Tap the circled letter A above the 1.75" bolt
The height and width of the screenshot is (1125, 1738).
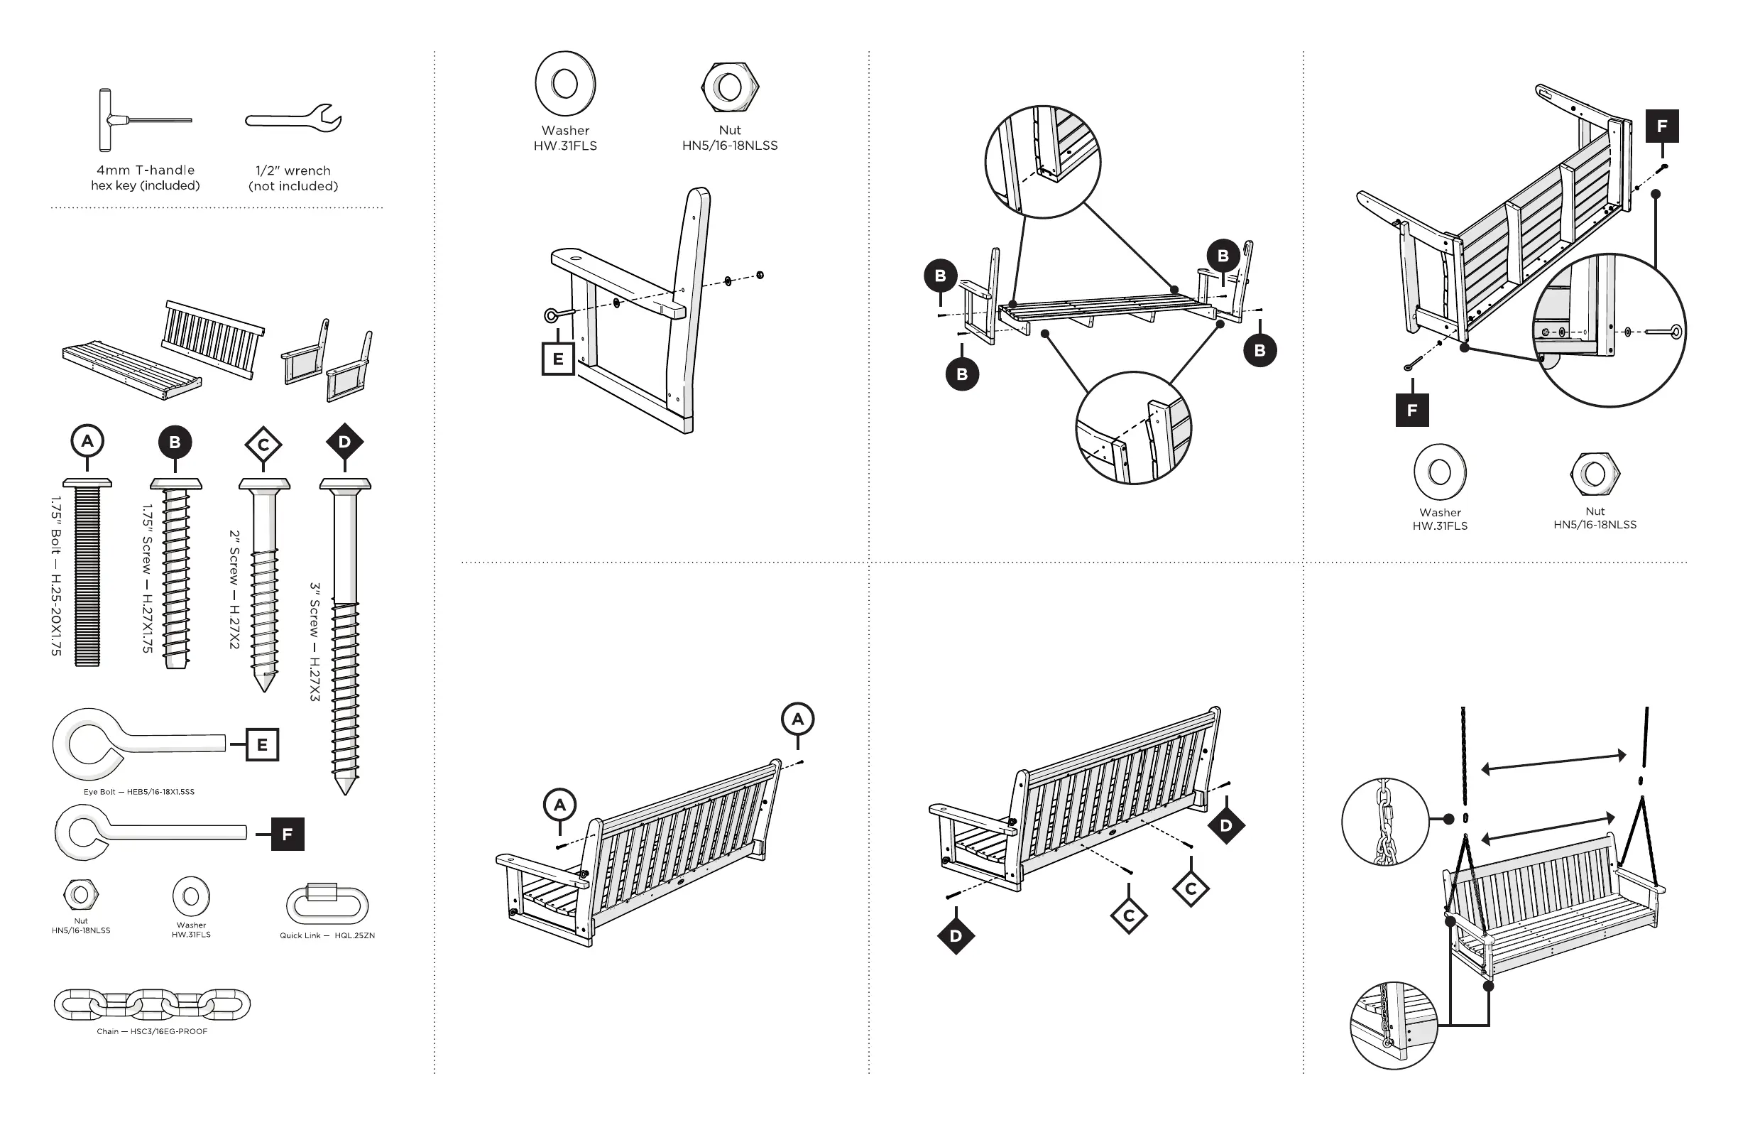click(x=87, y=441)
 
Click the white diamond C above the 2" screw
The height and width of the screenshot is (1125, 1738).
click(x=263, y=444)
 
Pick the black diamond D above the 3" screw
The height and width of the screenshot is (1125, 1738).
click(x=344, y=441)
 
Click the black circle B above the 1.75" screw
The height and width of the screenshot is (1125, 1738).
click(x=175, y=442)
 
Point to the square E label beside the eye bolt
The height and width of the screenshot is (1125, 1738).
click(x=262, y=745)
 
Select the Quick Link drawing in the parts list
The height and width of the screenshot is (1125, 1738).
click(x=327, y=905)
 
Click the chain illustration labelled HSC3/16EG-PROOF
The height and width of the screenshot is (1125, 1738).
click(x=152, y=1004)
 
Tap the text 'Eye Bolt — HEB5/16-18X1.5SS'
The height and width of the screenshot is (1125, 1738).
click(x=138, y=792)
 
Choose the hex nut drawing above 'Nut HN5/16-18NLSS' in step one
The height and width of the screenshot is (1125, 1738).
click(x=730, y=87)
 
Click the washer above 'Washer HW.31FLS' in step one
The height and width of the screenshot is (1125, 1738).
click(x=565, y=84)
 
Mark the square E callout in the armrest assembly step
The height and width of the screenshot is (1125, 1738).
click(x=558, y=359)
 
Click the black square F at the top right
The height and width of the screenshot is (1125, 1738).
click(x=1662, y=126)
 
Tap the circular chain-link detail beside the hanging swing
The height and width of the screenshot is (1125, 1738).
click(x=1384, y=821)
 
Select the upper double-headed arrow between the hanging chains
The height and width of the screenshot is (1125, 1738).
click(x=1553, y=761)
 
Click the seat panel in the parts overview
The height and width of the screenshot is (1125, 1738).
click(x=131, y=369)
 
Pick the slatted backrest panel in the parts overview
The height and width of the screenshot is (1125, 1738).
click(x=213, y=339)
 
